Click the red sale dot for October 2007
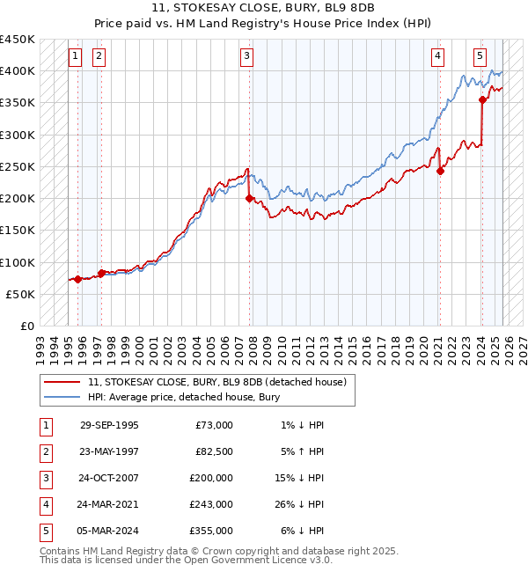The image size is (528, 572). (250, 199)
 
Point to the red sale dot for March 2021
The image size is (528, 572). (440, 172)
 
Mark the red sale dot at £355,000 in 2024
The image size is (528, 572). (482, 100)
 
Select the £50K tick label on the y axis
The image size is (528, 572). (21, 294)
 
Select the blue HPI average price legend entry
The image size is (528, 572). (183, 397)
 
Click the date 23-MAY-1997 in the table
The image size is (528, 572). (109, 451)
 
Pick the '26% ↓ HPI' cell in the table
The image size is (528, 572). (302, 504)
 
